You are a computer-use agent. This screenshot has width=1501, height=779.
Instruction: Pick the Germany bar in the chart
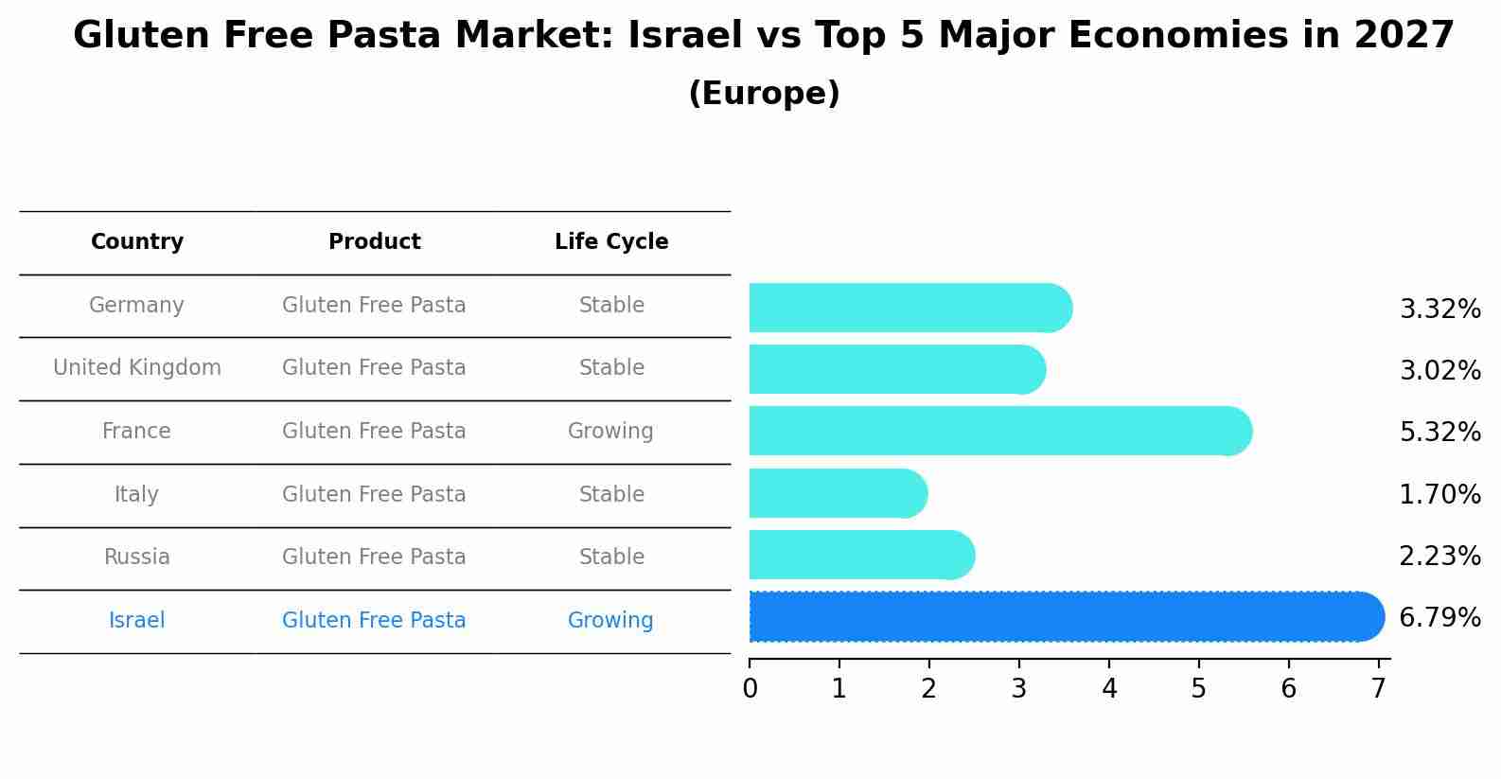(909, 308)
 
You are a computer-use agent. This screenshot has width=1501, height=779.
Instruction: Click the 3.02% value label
(1439, 370)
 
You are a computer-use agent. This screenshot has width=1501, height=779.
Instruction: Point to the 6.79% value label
(1439, 617)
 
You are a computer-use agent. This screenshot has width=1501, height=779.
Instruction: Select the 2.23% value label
(1439, 556)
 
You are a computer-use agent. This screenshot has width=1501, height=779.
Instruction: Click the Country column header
(137, 242)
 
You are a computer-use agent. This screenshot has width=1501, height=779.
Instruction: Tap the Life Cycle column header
(611, 242)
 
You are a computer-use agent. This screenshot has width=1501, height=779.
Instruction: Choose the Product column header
(374, 242)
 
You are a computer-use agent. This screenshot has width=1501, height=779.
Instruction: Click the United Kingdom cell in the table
(137, 368)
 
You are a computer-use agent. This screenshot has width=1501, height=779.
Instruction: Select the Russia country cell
(137, 558)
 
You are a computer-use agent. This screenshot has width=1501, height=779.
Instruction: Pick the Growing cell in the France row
(610, 432)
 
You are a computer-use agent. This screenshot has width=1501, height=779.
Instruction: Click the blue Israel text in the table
(137, 621)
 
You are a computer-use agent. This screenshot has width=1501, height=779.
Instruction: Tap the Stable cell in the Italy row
(611, 495)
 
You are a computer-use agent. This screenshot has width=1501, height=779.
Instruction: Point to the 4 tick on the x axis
(1109, 689)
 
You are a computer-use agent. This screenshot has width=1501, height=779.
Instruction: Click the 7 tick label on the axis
(1379, 689)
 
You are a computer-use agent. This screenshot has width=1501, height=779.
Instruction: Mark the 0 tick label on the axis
(750, 689)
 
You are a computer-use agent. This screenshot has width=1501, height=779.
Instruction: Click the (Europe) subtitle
(764, 94)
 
